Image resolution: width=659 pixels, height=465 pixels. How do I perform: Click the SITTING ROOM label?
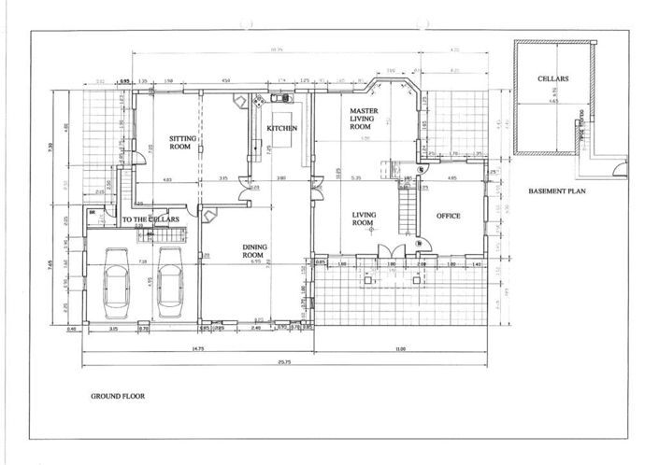pyautogui.click(x=181, y=142)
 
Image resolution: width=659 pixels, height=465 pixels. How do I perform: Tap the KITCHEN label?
pyautogui.click(x=282, y=128)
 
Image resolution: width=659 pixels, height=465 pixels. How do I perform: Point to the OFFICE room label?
pyautogui.click(x=449, y=216)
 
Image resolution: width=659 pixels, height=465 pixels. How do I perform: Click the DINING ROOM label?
pyautogui.click(x=230, y=249)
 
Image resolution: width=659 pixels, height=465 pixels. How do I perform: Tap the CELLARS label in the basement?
pyautogui.click(x=553, y=79)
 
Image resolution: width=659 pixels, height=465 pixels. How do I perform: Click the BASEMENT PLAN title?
pyautogui.click(x=556, y=190)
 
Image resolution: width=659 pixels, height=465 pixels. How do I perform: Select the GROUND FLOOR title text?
pyautogui.click(x=117, y=396)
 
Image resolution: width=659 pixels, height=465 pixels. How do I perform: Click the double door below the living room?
pyautogui.click(x=392, y=252)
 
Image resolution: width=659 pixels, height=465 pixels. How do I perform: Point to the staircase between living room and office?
pyautogui.click(x=408, y=210)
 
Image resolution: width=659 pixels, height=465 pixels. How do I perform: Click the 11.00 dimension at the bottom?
pyautogui.click(x=402, y=348)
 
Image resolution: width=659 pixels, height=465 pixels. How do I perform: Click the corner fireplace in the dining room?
pyautogui.click(x=208, y=217)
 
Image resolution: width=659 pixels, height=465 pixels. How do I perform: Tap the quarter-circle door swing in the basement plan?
pyautogui.click(x=619, y=170)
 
